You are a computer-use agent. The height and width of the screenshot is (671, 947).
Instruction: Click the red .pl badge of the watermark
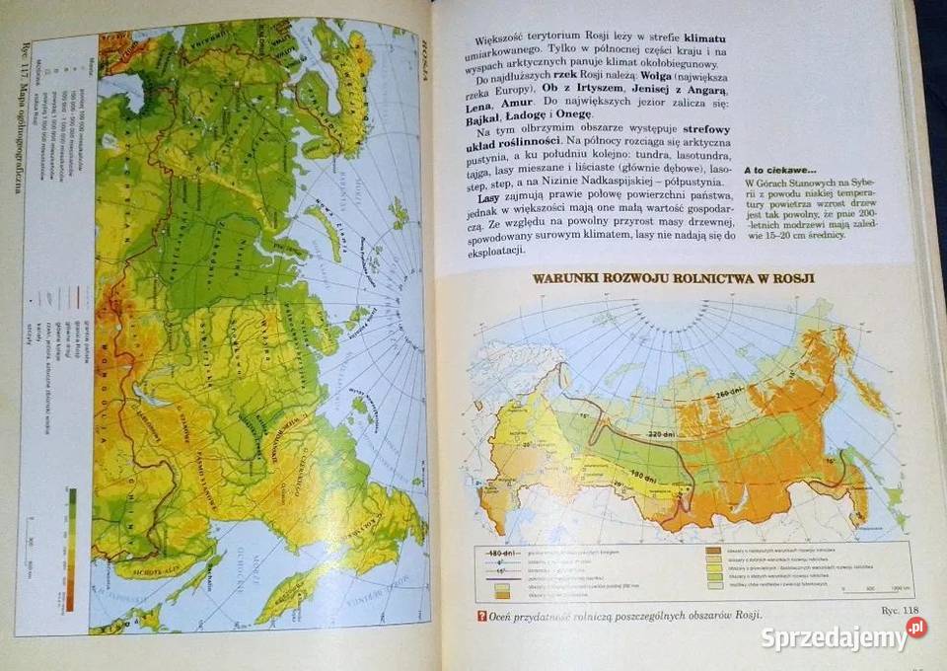pyautogui.click(x=917, y=628)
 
